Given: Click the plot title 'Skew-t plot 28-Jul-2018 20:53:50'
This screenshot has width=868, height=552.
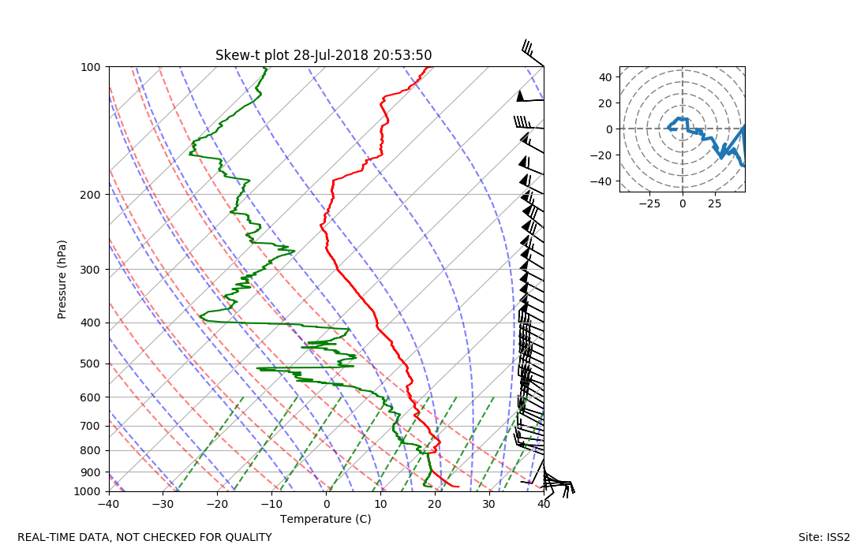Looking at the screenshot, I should point(324,55).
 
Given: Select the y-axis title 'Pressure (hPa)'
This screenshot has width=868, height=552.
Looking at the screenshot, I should point(62,279).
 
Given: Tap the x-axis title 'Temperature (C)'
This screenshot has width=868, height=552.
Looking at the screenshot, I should point(325,519).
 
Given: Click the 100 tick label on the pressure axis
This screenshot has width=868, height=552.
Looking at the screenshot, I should point(90,67).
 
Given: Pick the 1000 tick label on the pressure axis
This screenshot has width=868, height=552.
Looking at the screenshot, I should point(88,492).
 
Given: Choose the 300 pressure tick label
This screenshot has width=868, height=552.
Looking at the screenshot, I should point(90,270).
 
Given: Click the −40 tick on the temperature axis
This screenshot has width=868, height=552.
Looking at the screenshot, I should point(109,504).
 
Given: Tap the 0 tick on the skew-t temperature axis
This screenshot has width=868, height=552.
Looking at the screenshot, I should point(327,504).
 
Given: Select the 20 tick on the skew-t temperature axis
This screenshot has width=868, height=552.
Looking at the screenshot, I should point(435,504).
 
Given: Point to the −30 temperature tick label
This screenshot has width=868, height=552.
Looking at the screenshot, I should point(163,504).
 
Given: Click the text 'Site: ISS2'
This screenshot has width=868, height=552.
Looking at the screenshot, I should point(824,538).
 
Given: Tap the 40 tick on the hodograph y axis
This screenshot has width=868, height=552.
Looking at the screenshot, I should point(606,77).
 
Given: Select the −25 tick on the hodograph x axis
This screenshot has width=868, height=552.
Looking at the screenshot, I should point(649,203).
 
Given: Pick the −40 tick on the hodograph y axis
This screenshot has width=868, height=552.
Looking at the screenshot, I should point(604,181).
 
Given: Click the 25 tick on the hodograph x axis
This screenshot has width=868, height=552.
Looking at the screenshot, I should point(715,203).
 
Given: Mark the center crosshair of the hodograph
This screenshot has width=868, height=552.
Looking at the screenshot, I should point(683,129).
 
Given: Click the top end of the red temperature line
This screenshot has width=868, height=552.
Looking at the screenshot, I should point(427,67).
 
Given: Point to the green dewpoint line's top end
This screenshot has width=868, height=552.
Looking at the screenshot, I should point(266,68).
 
